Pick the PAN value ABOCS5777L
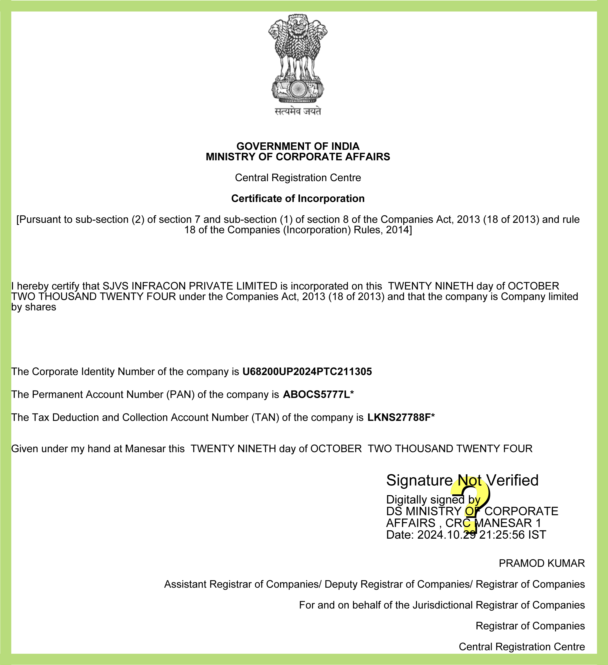(x=316, y=395)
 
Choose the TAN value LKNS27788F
(x=399, y=418)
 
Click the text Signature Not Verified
(x=462, y=481)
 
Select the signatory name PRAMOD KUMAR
(x=542, y=563)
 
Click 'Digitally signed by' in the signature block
(x=433, y=500)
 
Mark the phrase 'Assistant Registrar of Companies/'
(x=243, y=584)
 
